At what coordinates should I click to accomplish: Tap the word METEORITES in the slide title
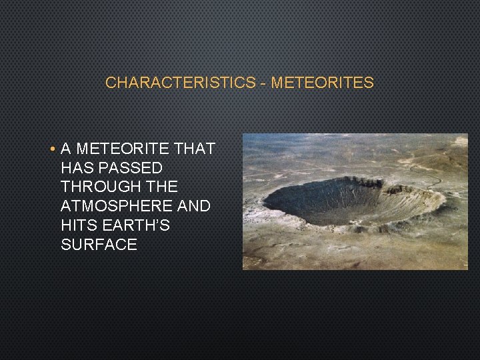[x=322, y=83]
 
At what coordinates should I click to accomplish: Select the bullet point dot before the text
[x=52, y=149]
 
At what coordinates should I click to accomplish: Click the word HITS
[x=79, y=226]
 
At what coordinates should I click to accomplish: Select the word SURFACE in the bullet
[x=99, y=245]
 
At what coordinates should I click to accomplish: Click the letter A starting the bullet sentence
[x=66, y=149]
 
